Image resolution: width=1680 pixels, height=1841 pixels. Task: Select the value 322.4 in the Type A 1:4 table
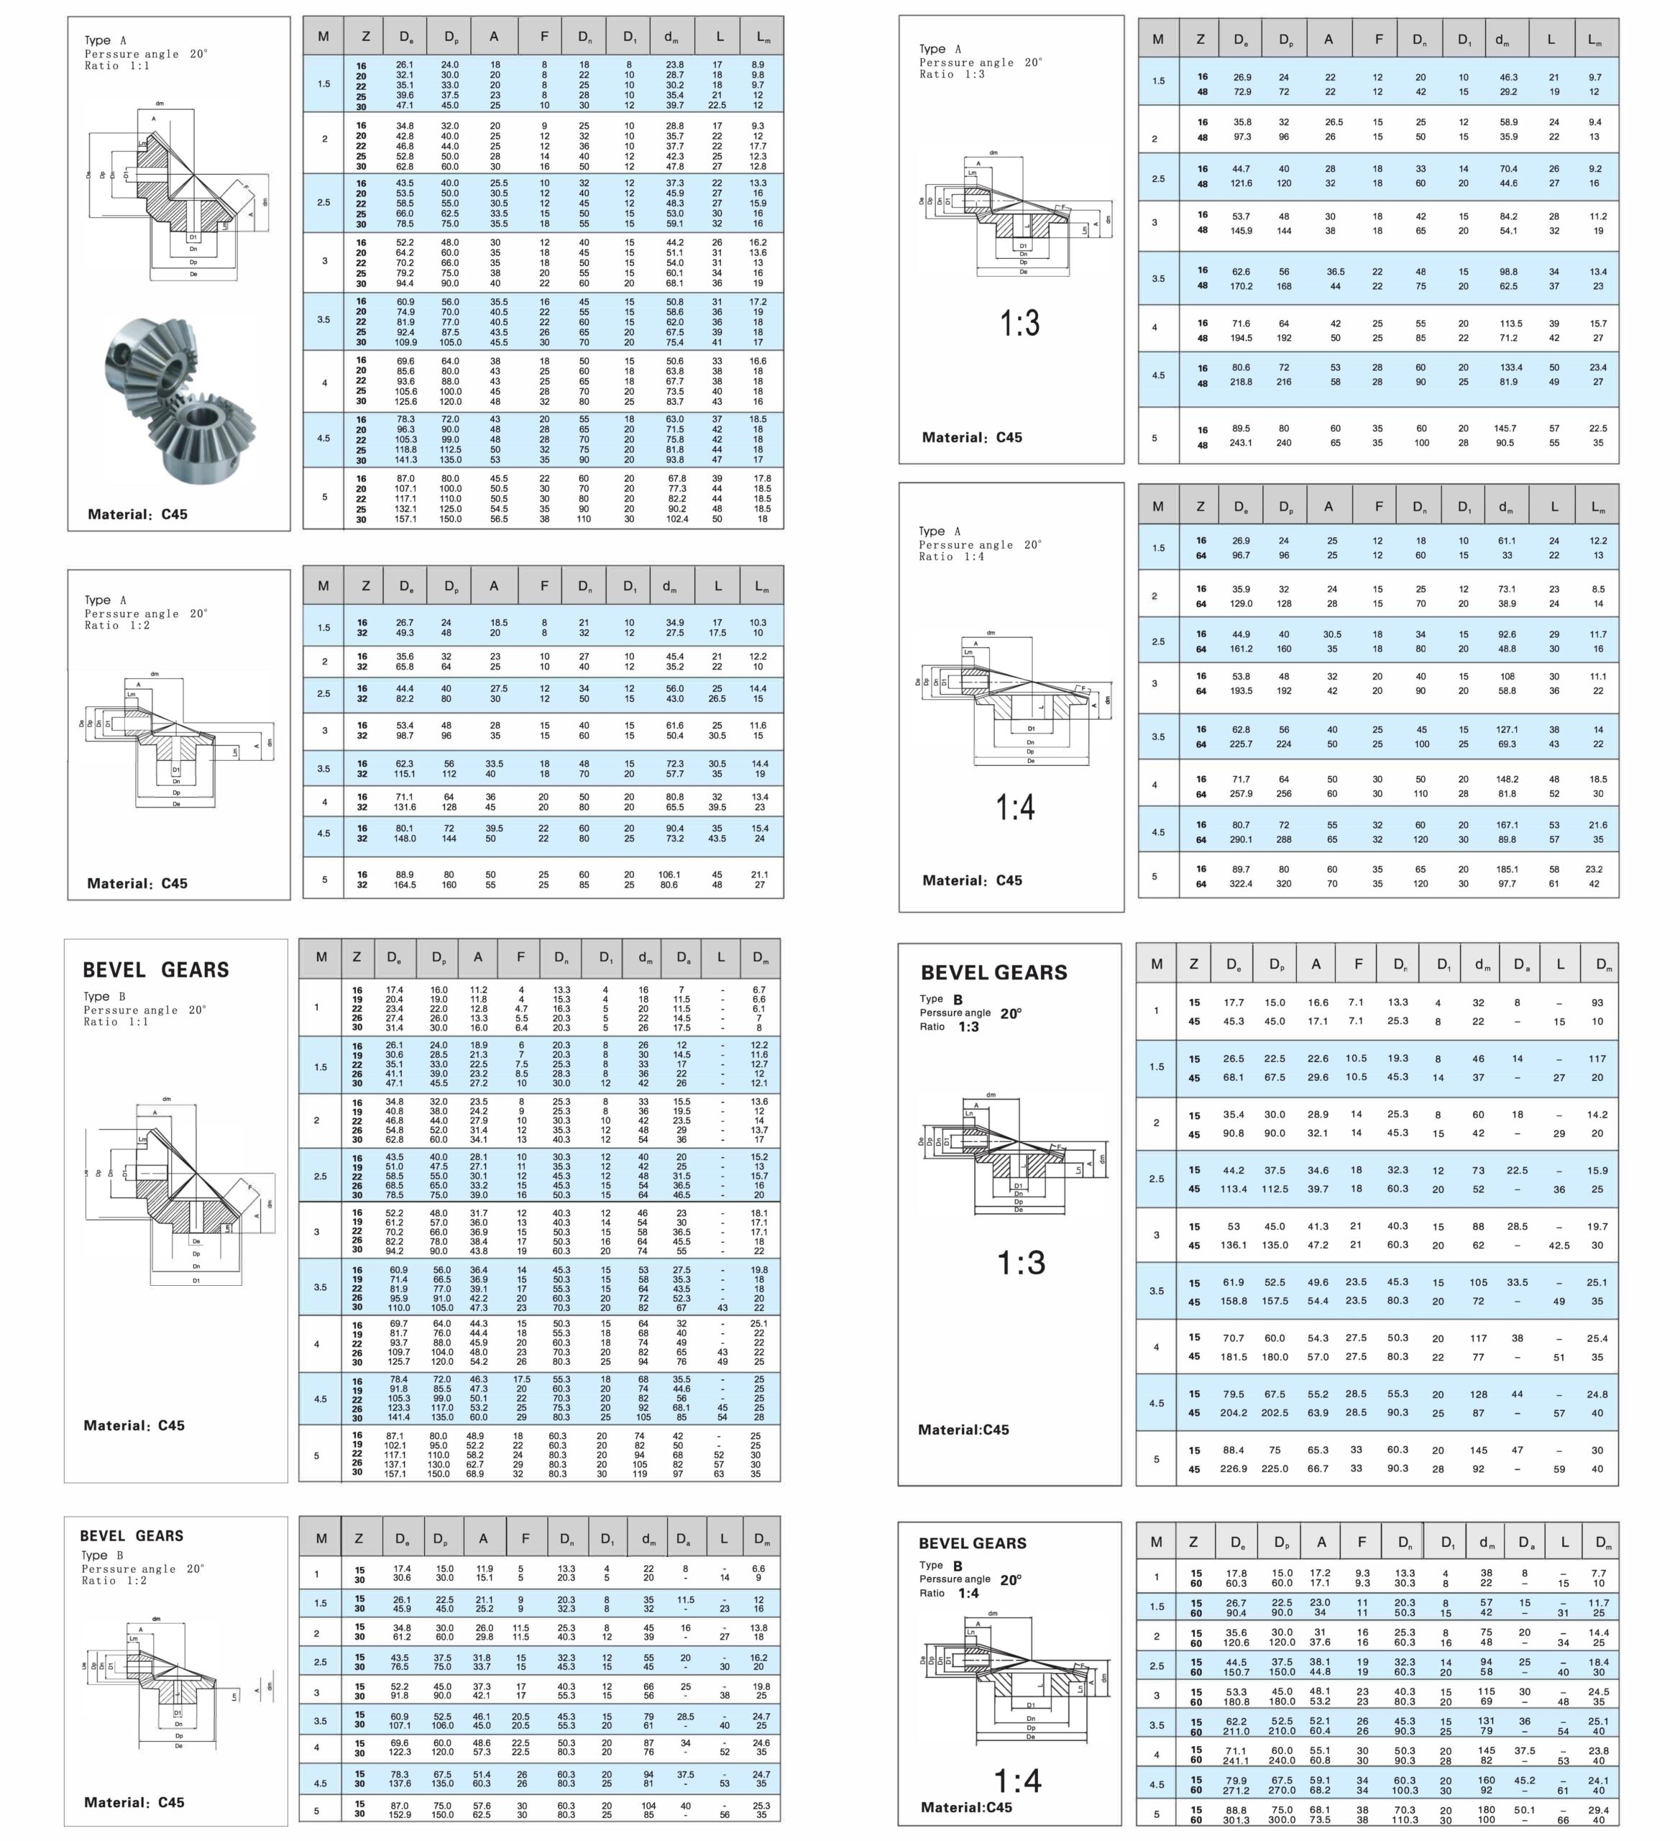click(x=1241, y=884)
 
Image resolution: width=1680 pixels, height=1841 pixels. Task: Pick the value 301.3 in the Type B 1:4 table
click(x=1236, y=1819)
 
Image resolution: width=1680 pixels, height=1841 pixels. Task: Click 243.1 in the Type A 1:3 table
click(x=1241, y=444)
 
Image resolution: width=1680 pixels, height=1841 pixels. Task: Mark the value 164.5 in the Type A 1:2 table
click(x=405, y=884)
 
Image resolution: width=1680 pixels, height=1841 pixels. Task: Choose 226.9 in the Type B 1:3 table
click(x=1234, y=1468)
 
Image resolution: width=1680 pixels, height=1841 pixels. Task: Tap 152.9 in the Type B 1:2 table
click(x=401, y=1814)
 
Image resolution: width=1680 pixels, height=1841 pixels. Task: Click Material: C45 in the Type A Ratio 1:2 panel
click(x=137, y=883)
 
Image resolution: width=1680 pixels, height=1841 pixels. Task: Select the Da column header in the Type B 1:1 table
click(x=682, y=958)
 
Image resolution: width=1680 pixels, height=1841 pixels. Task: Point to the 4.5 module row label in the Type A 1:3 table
click(x=1157, y=375)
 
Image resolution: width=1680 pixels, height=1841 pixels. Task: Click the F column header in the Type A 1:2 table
click(x=544, y=586)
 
